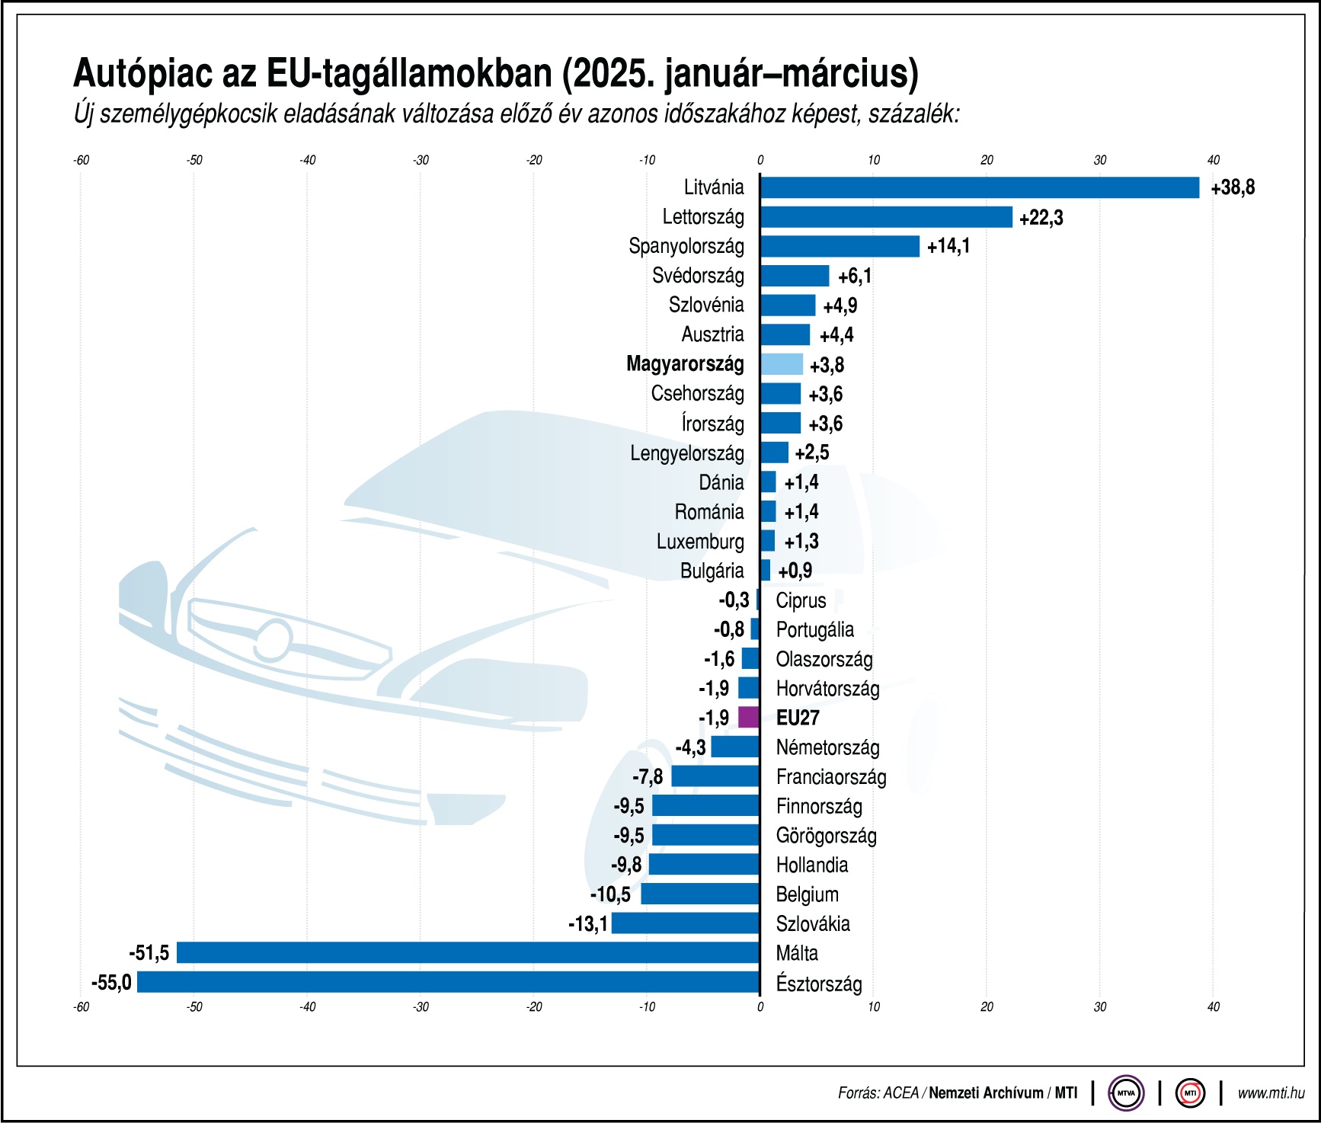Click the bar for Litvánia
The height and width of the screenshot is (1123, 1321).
979,187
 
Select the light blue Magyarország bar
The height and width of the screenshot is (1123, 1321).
782,364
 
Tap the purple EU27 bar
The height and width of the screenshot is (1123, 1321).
749,718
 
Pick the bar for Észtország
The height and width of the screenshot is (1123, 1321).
448,982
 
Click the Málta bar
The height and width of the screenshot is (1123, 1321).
468,952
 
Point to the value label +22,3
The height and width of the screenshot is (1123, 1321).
1041,218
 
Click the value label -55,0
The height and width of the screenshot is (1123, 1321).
111,983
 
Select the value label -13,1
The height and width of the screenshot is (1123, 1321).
588,924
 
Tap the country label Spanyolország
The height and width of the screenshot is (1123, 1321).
686,246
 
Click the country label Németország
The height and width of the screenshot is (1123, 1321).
827,747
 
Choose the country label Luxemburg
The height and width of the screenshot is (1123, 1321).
700,542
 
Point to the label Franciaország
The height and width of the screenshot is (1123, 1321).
831,777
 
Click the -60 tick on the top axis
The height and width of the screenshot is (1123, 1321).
81,160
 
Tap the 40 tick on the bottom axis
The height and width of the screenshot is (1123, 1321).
1213,1007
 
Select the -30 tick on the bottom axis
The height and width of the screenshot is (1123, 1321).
421,1007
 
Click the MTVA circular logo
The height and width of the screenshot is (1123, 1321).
1125,1093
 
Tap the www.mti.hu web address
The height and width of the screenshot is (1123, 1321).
1271,1093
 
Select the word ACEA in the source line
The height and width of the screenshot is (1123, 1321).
900,1093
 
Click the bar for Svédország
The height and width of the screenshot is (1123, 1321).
795,276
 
